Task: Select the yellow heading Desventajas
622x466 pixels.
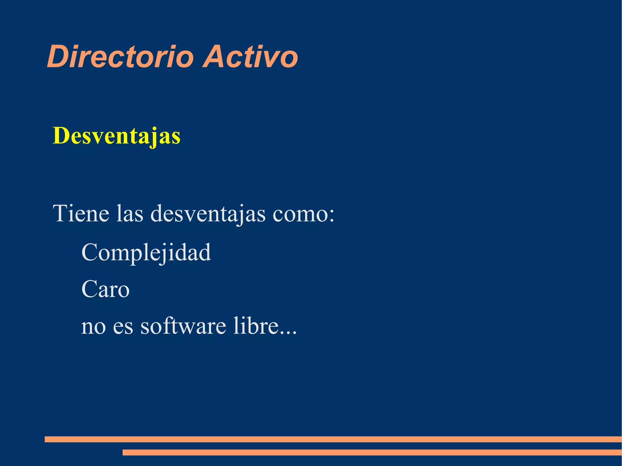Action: coord(117,136)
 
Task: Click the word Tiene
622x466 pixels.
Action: coord(81,213)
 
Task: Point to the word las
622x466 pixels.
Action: coord(130,213)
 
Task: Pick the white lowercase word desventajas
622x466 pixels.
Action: coord(208,214)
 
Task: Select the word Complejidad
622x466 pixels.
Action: coord(146,253)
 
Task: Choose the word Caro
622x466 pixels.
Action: coord(105,289)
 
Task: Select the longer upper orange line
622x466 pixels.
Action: coord(333,439)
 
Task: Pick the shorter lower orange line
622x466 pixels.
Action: coord(372,452)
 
